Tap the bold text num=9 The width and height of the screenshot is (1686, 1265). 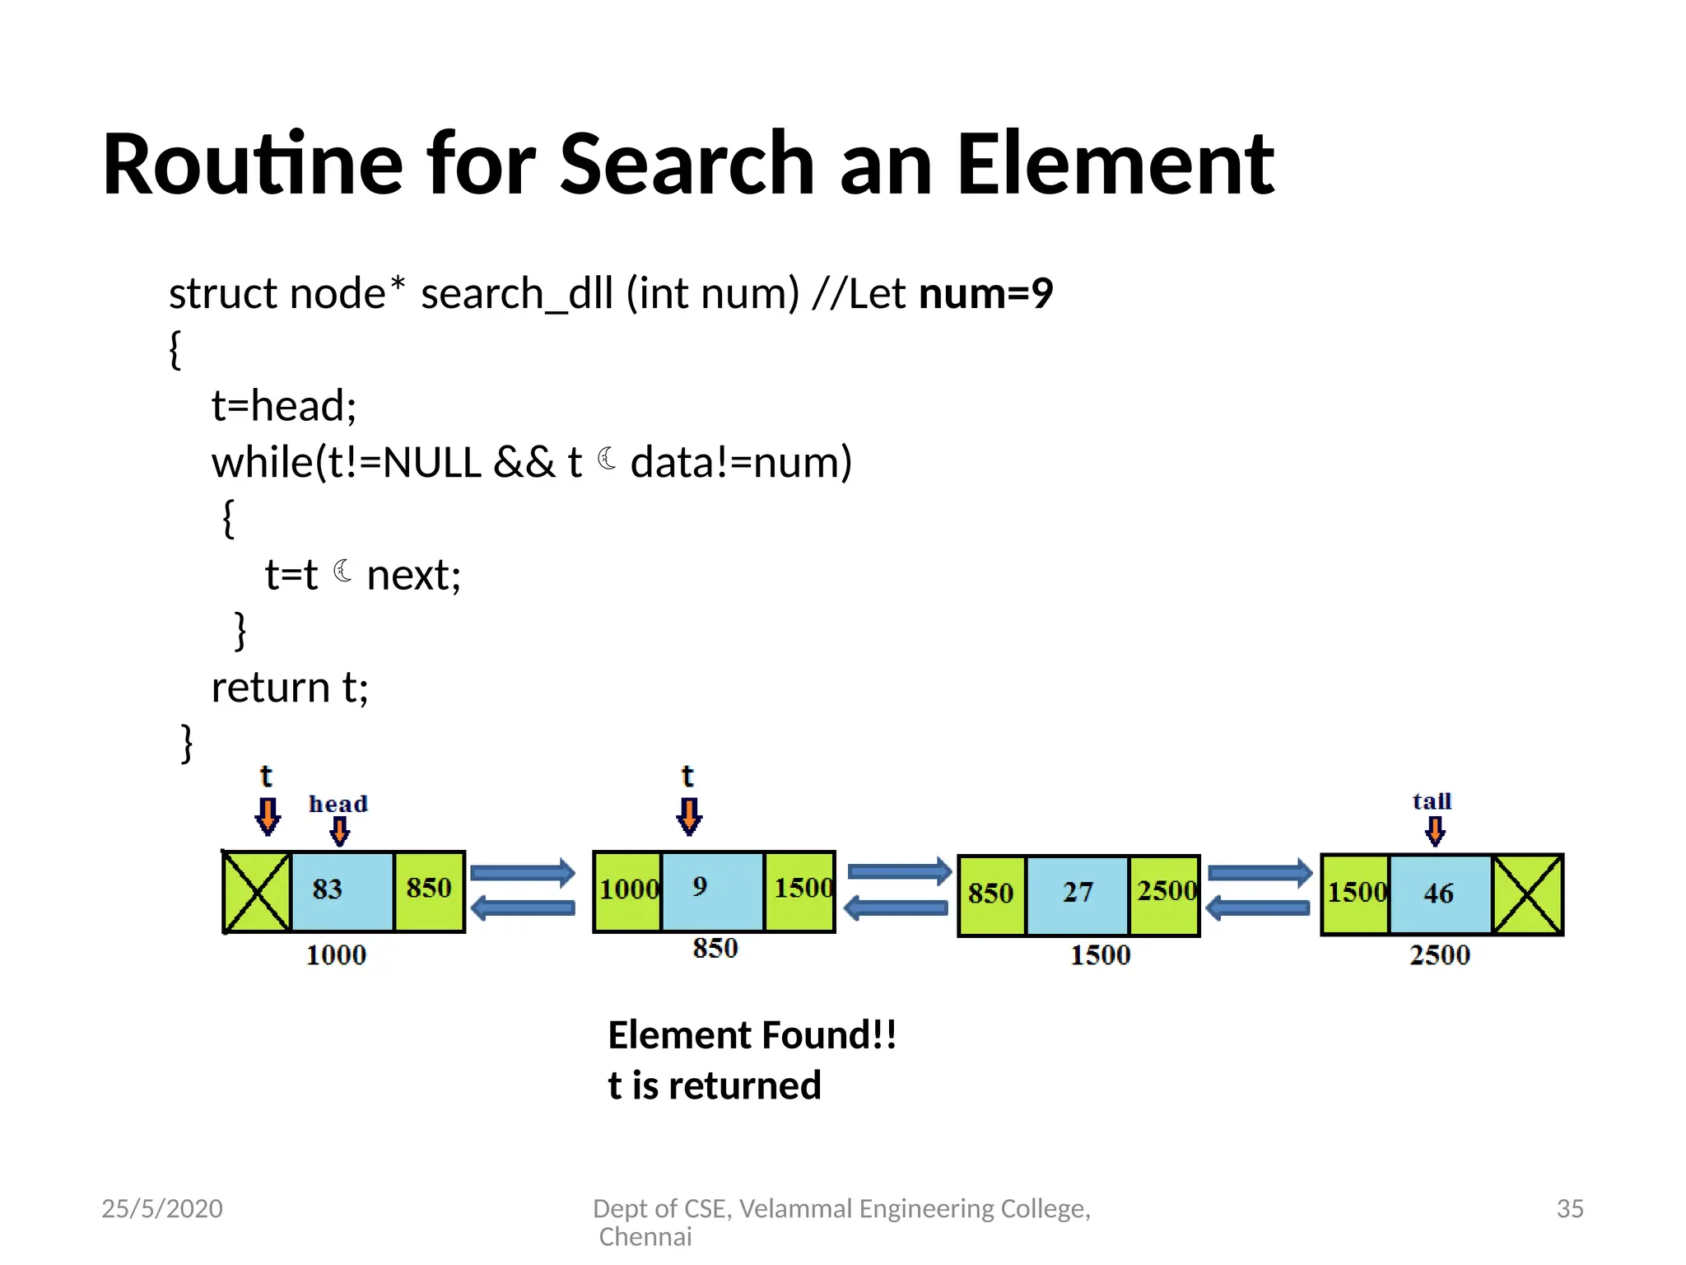(985, 293)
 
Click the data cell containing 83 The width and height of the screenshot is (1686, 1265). (342, 891)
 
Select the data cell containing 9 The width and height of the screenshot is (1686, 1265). (712, 890)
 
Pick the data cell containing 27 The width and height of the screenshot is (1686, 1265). (1077, 894)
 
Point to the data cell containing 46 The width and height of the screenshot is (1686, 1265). (1439, 894)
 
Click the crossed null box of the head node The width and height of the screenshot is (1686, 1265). (257, 892)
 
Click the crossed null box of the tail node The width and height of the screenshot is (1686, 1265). (1527, 894)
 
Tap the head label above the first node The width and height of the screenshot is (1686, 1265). (338, 804)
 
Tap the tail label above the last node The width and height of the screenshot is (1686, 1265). (1432, 801)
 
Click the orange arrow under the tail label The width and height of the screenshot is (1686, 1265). (1435, 831)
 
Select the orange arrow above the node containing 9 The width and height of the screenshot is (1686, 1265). (689, 816)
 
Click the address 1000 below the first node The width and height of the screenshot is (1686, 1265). (336, 955)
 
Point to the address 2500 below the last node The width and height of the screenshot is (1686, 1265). (1439, 955)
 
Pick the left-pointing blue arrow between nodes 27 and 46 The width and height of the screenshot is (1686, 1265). (1257, 908)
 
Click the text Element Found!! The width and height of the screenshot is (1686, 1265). (752, 1035)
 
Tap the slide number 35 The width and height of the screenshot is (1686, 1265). (1569, 1208)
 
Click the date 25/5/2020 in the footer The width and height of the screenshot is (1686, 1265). (162, 1208)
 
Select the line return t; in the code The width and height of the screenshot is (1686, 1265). (290, 687)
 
